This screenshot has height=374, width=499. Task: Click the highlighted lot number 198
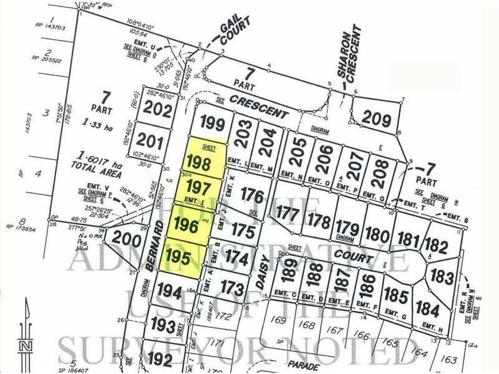[199, 164]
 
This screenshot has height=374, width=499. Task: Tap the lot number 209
[376, 118]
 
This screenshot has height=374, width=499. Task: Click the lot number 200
[125, 239]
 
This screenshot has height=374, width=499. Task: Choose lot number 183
[442, 277]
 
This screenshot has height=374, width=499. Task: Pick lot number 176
[253, 196]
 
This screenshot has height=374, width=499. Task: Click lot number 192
[160, 359]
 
